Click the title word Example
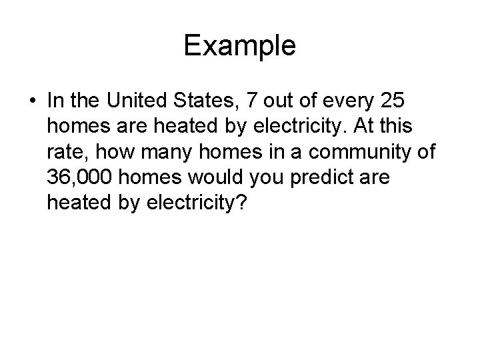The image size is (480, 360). pyautogui.click(x=239, y=45)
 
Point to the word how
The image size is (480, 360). pyautogui.click(x=107, y=151)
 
